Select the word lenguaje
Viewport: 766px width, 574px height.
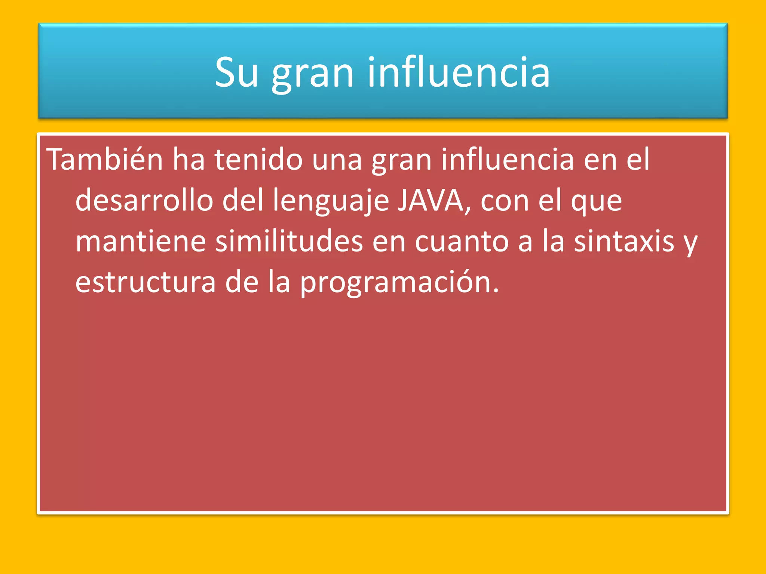click(x=331, y=201)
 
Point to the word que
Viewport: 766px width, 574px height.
click(x=596, y=202)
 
